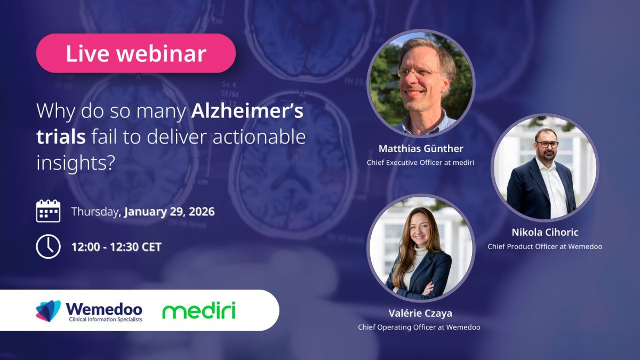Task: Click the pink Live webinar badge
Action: click(x=136, y=53)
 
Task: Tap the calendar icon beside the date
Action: click(x=49, y=211)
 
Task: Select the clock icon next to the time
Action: click(x=49, y=246)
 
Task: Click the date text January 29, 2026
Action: click(x=170, y=212)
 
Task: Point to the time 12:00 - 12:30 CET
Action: click(x=117, y=247)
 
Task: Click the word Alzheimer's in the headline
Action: click(x=247, y=111)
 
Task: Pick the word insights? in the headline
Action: click(x=76, y=163)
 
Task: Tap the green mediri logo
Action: click(x=199, y=310)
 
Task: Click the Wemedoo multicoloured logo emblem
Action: click(x=49, y=311)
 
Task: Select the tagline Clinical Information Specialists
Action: click(x=106, y=319)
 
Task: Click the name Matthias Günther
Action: click(x=421, y=149)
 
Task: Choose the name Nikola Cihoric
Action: click(x=545, y=233)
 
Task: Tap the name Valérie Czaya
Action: click(x=420, y=313)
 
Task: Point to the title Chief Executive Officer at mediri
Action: click(x=420, y=163)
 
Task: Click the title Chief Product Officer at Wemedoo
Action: click(x=545, y=246)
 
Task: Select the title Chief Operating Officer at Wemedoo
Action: click(x=419, y=327)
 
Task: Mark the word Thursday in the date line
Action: click(x=95, y=212)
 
